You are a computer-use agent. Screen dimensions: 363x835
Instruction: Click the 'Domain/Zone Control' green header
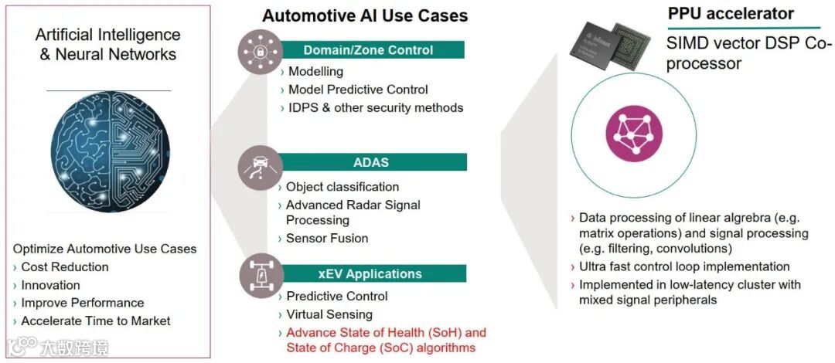(x=368, y=50)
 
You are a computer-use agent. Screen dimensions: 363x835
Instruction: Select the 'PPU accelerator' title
(x=731, y=14)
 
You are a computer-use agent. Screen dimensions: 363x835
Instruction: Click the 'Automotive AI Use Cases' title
(x=365, y=16)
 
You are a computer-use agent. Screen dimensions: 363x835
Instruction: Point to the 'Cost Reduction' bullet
(x=65, y=267)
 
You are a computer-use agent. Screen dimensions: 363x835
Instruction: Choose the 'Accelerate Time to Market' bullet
(x=96, y=321)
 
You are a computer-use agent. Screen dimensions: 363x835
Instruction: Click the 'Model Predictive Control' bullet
(x=358, y=90)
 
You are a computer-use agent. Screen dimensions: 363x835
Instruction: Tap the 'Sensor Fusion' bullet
(x=327, y=238)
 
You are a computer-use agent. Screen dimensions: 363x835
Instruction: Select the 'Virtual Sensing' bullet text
(x=329, y=314)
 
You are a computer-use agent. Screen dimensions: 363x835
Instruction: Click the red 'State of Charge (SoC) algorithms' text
(x=380, y=348)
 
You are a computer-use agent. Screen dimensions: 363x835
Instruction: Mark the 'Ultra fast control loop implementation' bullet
(x=683, y=266)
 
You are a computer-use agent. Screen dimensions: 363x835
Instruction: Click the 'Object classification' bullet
(x=343, y=187)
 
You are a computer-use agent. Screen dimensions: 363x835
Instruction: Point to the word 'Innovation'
(x=51, y=285)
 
